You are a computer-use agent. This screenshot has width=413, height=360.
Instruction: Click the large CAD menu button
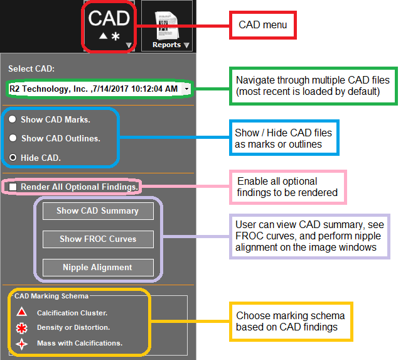(x=109, y=26)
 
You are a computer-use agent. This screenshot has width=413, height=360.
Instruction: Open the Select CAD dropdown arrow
(x=187, y=89)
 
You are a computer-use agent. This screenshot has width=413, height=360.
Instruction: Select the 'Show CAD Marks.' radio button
(x=13, y=119)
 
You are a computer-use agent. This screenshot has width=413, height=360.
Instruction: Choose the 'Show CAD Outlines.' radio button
(x=13, y=138)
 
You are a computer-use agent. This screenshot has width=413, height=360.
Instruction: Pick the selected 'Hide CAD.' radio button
(x=13, y=158)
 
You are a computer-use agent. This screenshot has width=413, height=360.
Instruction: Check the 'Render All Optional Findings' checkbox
(x=13, y=187)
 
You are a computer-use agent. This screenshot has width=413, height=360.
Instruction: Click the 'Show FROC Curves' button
(x=98, y=239)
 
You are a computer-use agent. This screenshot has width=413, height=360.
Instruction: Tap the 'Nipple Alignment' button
(x=98, y=268)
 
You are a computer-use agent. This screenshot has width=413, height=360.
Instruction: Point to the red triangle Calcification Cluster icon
(x=21, y=312)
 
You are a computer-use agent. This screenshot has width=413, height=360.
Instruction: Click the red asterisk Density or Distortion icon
(x=21, y=327)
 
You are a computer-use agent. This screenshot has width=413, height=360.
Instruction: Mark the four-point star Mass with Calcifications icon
(x=21, y=343)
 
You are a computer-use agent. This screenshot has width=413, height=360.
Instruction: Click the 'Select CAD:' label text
(x=31, y=68)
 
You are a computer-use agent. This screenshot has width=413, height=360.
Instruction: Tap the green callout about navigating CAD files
(x=313, y=86)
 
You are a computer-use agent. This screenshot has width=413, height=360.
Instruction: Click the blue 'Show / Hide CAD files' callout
(x=284, y=138)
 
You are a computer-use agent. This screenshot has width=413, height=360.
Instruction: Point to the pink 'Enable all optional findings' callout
(x=287, y=187)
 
